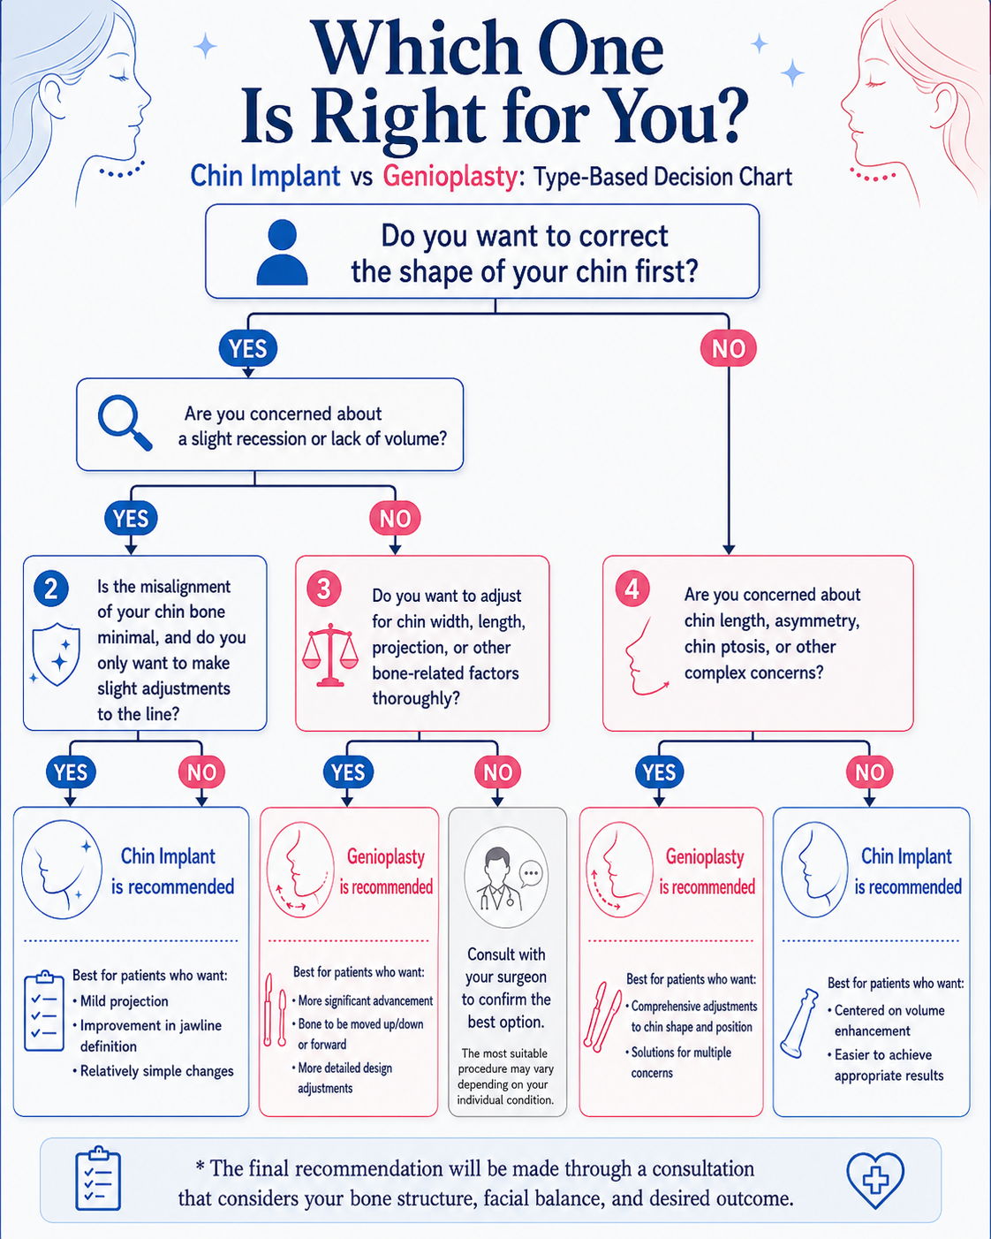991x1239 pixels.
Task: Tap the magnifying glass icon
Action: (x=125, y=422)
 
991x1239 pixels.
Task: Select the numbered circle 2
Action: (x=51, y=589)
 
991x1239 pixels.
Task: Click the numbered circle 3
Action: (x=324, y=589)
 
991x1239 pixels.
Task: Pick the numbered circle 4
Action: (x=632, y=589)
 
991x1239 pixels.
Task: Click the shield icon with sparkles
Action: (x=56, y=654)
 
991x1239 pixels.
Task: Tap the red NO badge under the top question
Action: (x=728, y=348)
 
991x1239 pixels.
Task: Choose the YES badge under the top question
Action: (x=248, y=348)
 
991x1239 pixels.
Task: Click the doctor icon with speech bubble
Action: (x=506, y=877)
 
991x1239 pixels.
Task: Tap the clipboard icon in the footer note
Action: (x=98, y=1179)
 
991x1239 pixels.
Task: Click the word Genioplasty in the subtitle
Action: (x=450, y=176)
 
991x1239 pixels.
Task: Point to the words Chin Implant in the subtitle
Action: (x=265, y=176)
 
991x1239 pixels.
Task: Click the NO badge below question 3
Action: (x=498, y=772)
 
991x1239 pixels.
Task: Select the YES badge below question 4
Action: (x=660, y=772)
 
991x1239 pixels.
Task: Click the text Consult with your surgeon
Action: (x=506, y=966)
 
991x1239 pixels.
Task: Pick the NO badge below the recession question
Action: (x=395, y=518)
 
